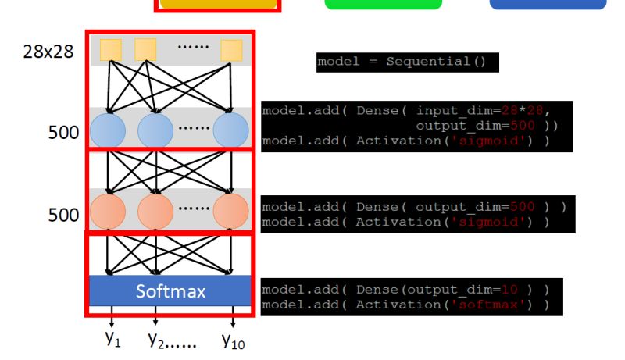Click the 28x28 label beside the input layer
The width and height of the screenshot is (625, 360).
point(49,52)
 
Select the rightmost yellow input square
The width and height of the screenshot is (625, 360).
point(231,51)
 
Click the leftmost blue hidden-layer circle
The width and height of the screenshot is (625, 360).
point(107,130)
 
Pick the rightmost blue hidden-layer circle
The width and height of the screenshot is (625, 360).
point(231,130)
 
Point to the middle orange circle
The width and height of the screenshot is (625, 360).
point(155,211)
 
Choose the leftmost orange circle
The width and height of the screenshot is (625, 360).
point(107,211)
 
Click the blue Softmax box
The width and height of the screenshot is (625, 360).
point(170,291)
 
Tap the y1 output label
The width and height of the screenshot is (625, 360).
point(112,339)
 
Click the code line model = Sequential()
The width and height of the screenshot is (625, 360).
point(406,62)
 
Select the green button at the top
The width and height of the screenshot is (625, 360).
point(383,4)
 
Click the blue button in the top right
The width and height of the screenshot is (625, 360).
point(548,4)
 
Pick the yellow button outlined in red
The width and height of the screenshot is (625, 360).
point(218,4)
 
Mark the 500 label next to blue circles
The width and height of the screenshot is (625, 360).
point(63,133)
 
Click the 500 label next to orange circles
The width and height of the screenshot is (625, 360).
point(63,215)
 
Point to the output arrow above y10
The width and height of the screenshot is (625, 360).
point(233,319)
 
